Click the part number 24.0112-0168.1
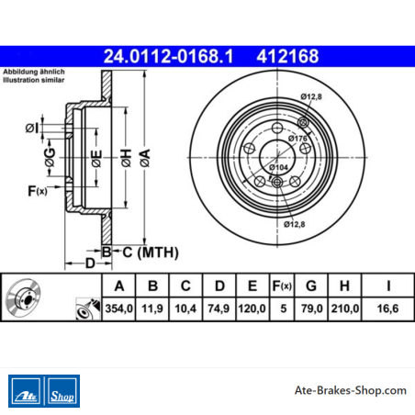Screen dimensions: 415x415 point(168,56)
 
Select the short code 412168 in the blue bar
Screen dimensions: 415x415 point(287,56)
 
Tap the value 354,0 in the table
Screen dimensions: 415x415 point(119,308)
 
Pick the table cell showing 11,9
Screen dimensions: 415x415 point(152,308)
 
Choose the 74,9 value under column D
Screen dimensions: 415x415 point(219,308)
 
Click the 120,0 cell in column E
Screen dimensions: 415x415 point(252,308)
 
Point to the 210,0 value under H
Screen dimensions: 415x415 point(345,308)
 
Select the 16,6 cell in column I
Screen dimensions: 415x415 point(387,308)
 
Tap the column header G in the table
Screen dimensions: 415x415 point(311,286)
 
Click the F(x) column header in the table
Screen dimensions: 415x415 point(282,286)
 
